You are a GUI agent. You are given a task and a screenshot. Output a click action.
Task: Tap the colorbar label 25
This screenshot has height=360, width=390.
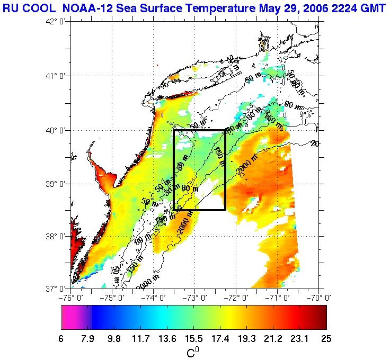click(326, 339)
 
